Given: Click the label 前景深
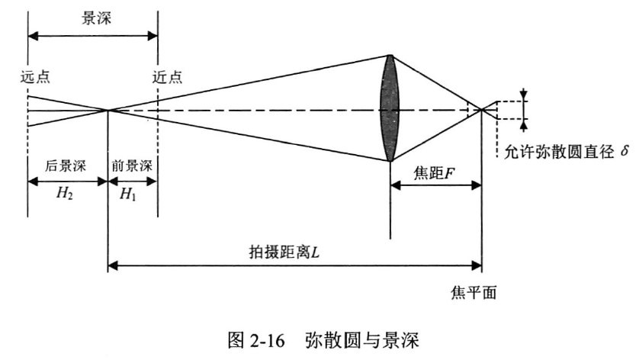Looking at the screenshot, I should pyautogui.click(x=132, y=166).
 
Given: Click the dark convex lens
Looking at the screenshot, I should pyautogui.click(x=390, y=108).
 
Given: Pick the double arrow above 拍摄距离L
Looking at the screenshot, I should pyautogui.click(x=294, y=265).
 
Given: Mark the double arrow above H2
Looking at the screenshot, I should pyautogui.click(x=67, y=181).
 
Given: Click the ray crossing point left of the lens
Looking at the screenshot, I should pyautogui.click(x=108, y=110).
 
